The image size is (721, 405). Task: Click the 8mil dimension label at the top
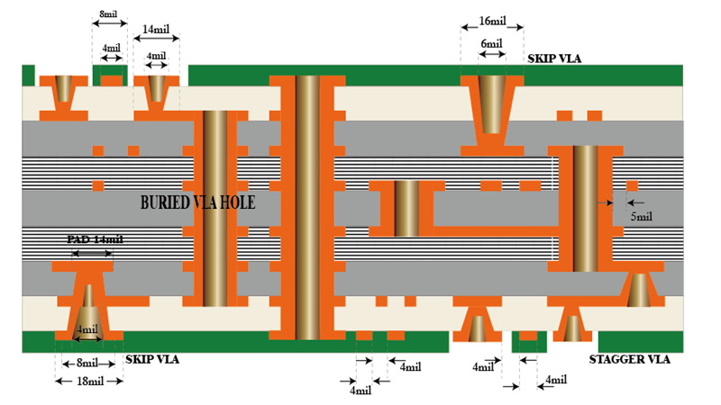(108, 13)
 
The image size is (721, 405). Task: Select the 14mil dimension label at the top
(156, 29)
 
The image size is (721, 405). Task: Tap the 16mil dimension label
(492, 21)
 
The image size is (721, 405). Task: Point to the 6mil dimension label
(491, 43)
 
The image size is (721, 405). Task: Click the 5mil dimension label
(641, 216)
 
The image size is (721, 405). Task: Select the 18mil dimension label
(90, 381)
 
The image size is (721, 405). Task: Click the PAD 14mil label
(95, 239)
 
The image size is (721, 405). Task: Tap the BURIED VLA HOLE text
(197, 202)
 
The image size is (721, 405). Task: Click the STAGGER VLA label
(629, 359)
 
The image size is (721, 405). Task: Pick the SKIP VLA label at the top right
(554, 58)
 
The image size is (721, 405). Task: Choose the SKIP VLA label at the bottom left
(152, 359)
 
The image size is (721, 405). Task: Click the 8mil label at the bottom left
(87, 363)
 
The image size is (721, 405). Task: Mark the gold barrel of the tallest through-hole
(307, 208)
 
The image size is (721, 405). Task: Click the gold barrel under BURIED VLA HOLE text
(215, 209)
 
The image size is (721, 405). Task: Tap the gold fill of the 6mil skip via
(491, 104)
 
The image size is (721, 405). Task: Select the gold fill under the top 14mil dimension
(156, 88)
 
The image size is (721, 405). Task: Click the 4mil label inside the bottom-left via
(87, 329)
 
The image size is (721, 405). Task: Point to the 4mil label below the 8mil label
(111, 48)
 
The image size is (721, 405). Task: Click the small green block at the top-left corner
(28, 76)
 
